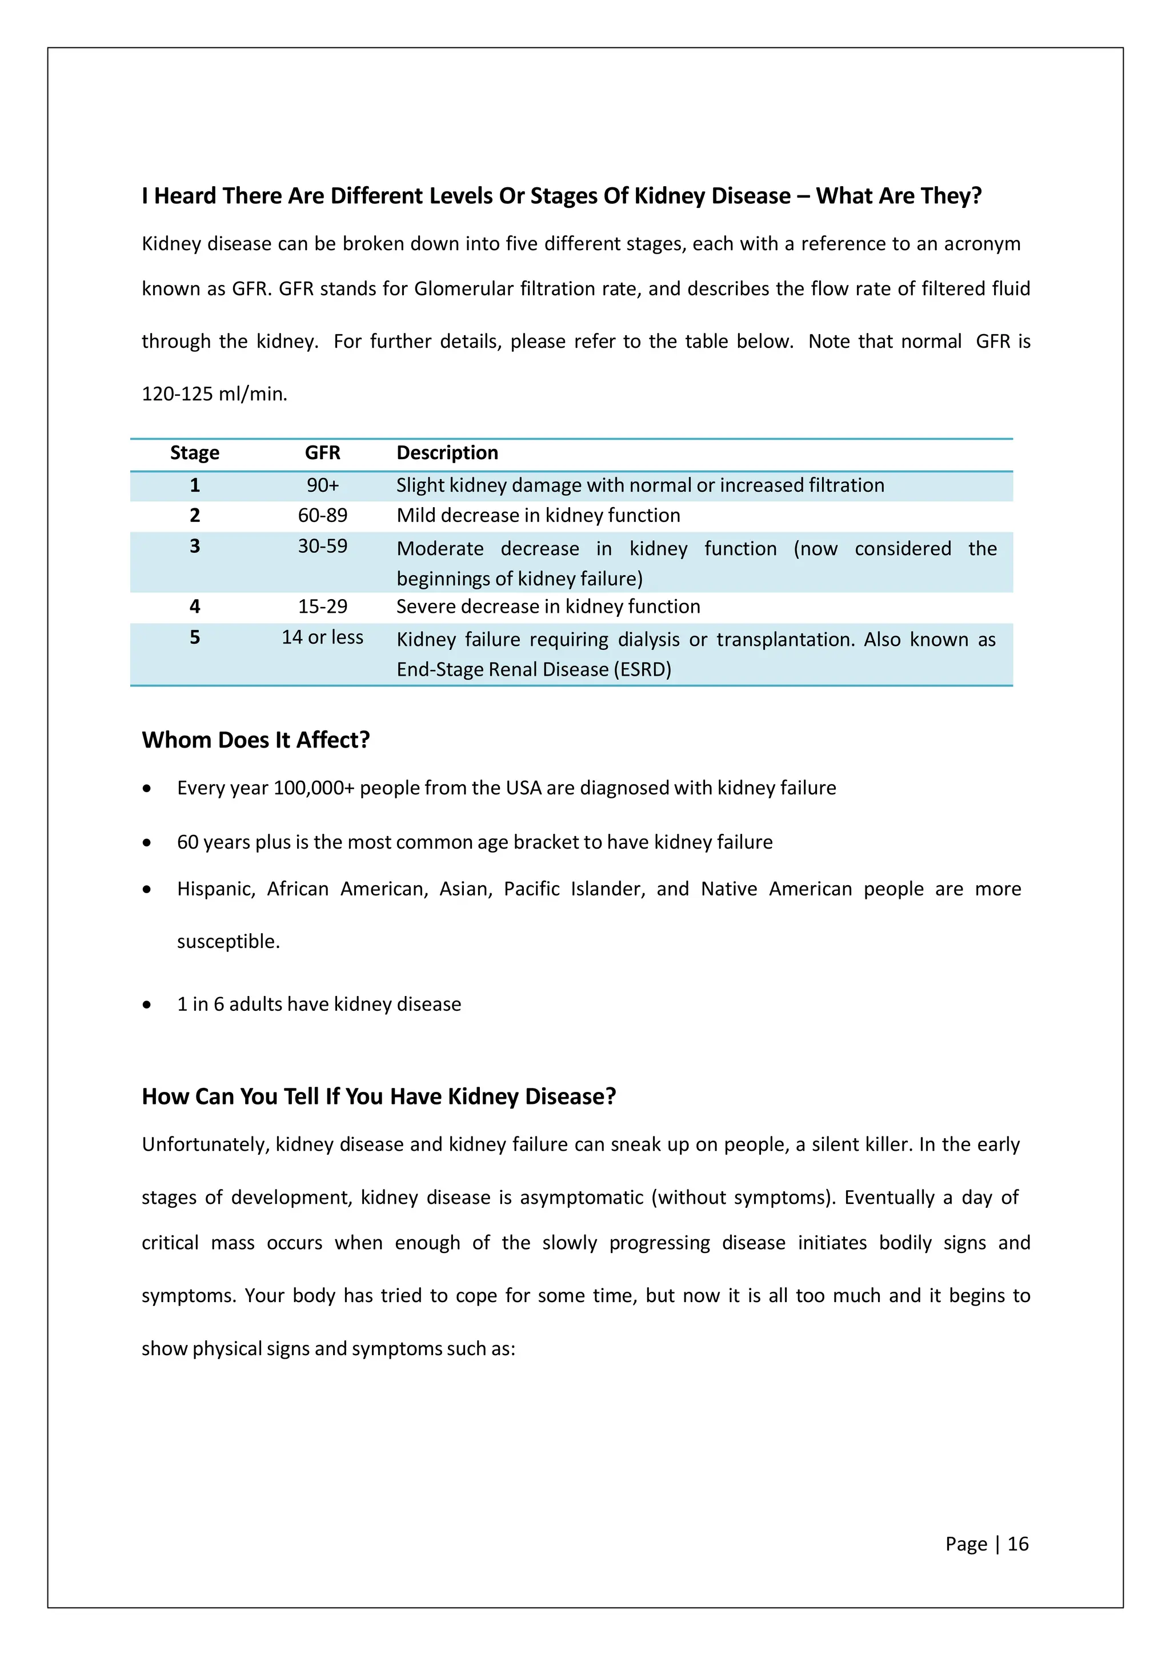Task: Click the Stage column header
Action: pyautogui.click(x=195, y=453)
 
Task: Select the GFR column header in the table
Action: pyautogui.click(x=322, y=453)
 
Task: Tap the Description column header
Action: pyautogui.click(x=447, y=453)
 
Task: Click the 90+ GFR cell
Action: pyautogui.click(x=322, y=485)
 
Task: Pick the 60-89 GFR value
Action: pyautogui.click(x=322, y=515)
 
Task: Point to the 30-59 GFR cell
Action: pyautogui.click(x=322, y=547)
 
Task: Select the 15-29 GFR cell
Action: pyautogui.click(x=322, y=606)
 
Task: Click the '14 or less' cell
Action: pyautogui.click(x=322, y=637)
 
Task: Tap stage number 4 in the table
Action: pyautogui.click(x=195, y=606)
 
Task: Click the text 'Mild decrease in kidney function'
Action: pyautogui.click(x=538, y=515)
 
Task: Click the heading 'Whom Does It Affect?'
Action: pyautogui.click(x=255, y=740)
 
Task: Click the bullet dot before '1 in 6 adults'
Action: pyautogui.click(x=147, y=1005)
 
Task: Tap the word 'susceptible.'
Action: pyautogui.click(x=228, y=941)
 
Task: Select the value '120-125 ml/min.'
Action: pyautogui.click(x=214, y=394)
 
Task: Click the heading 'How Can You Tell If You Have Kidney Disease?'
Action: pyautogui.click(x=378, y=1096)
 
